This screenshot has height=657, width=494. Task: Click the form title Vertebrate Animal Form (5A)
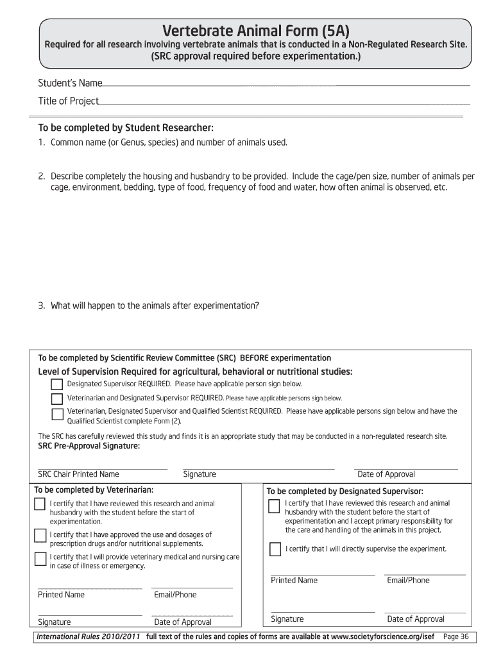coord(256,31)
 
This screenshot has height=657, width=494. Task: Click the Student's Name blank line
coord(285,84)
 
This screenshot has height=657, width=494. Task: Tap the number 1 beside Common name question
coord(40,142)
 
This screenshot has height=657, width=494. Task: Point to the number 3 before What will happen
coord(40,305)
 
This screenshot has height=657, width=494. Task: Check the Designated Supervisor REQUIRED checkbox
coord(57,384)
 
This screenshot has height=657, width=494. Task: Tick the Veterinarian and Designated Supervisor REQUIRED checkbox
coord(57,398)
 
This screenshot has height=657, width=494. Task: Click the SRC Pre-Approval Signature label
coord(89,447)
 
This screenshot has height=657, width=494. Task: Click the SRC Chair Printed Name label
coord(78,474)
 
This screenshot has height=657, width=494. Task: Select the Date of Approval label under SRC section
coord(386,474)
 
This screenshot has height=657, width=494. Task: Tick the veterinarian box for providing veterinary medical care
coord(39,559)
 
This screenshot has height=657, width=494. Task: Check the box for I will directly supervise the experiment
coord(275,549)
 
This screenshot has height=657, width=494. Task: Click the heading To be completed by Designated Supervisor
coord(345,491)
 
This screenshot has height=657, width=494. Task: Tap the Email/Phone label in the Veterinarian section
coord(175,595)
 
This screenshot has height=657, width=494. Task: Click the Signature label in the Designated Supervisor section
coord(287,619)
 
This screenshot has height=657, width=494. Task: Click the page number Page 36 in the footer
coord(456,636)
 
